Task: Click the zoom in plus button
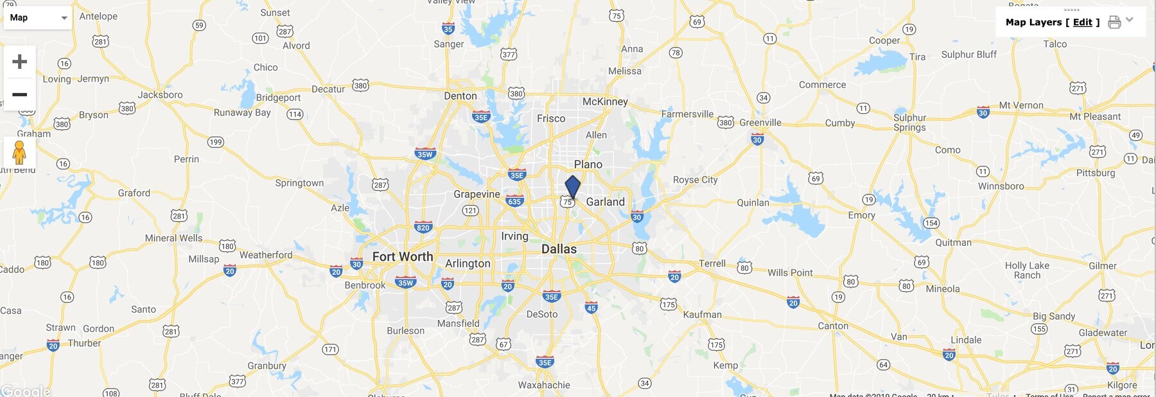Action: (19, 62)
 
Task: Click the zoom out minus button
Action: (19, 94)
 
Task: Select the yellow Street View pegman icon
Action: (19, 152)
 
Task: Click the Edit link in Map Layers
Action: (1082, 22)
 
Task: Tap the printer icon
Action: (1114, 22)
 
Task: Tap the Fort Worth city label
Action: (403, 256)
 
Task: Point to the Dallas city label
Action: (559, 249)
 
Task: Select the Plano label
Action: (588, 164)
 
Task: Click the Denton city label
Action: (460, 96)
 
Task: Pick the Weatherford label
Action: (266, 255)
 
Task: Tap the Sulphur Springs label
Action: (909, 122)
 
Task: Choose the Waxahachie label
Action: (544, 385)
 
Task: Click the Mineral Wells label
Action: (173, 238)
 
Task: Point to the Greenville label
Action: (760, 123)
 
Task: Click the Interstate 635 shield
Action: (514, 201)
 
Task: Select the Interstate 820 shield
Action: (423, 227)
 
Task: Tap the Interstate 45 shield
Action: (591, 308)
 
